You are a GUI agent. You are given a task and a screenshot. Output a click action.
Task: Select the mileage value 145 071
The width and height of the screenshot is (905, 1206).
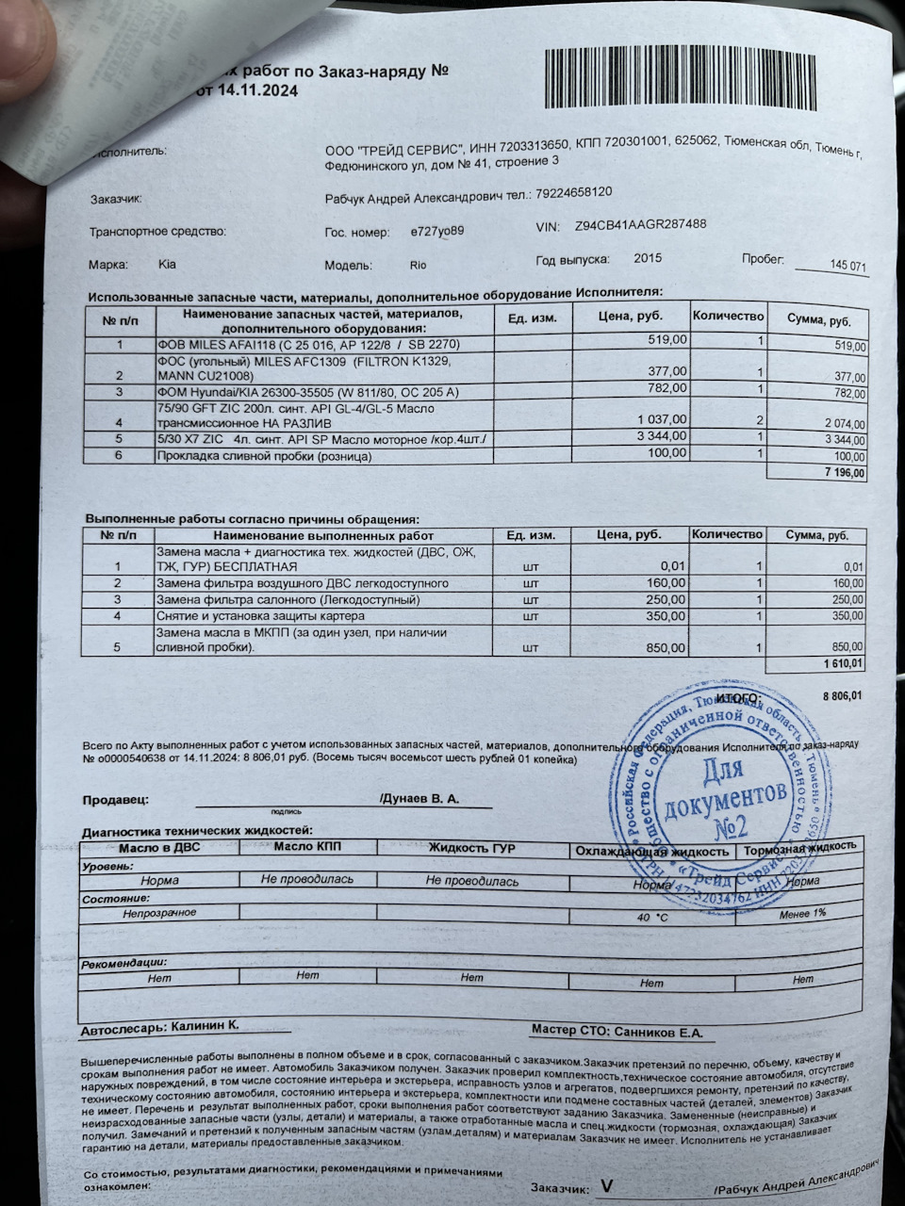(847, 267)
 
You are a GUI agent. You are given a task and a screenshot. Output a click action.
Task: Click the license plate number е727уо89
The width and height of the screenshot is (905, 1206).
(436, 231)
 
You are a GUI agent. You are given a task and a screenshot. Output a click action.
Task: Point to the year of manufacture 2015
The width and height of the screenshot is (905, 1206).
(648, 258)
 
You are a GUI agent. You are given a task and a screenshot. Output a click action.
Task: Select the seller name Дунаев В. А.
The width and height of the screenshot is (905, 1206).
(420, 798)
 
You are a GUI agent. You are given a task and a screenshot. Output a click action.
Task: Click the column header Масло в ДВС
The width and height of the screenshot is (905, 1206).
(159, 846)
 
